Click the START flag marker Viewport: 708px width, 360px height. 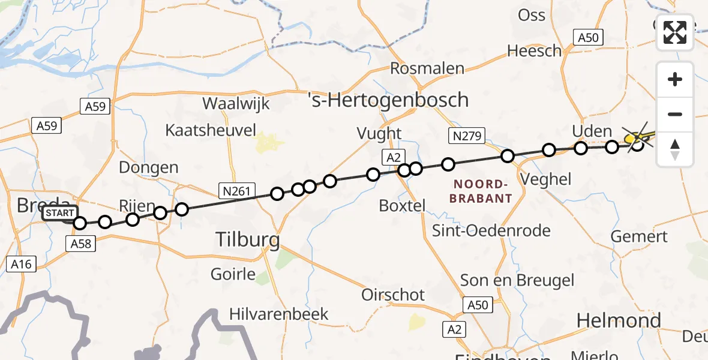pos(60,214)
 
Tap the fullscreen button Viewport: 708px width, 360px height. pos(675,32)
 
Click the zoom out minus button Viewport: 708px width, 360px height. pos(675,114)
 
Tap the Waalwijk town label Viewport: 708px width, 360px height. pos(236,103)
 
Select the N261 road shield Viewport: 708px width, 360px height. pos(233,191)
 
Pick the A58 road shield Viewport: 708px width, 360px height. pos(80,243)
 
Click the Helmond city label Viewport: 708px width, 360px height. pos(619,320)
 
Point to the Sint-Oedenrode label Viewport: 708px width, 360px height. pos(491,230)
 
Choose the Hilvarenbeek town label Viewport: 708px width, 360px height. pos(279,314)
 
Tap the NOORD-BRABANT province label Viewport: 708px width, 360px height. pos(482,191)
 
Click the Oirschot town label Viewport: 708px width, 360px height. pos(393,295)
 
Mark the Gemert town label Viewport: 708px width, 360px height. pos(639,236)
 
